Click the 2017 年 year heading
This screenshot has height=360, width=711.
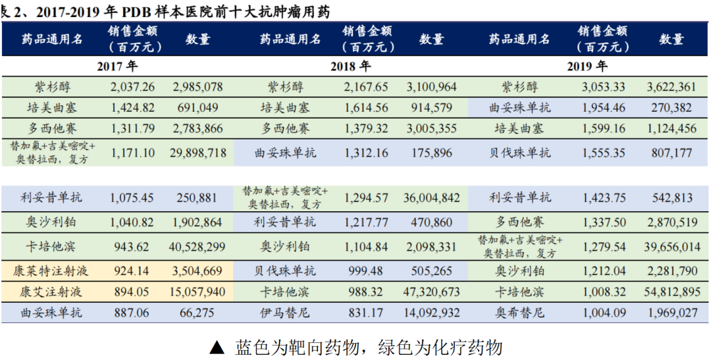point(117,66)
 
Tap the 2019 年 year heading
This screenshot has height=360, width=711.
point(587,66)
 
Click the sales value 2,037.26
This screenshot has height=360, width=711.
point(133,87)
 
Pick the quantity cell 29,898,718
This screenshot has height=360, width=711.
point(198,153)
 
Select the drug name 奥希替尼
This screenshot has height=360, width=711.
point(521,313)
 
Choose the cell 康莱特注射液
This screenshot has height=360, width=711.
point(52,270)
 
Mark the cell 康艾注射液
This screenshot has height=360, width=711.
point(52,292)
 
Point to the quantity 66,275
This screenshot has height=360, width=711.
point(198,313)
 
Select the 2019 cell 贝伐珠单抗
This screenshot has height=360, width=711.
point(521,153)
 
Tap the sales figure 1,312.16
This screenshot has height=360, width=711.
point(366,153)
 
